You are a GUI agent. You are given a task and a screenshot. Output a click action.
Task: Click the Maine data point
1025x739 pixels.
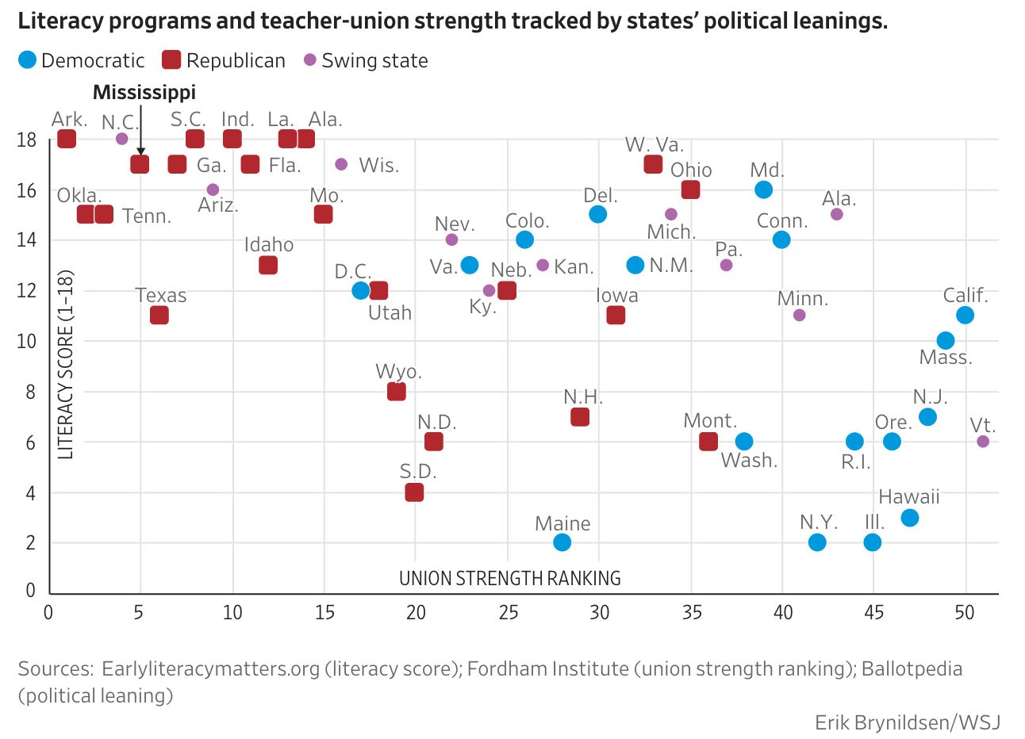pos(562,542)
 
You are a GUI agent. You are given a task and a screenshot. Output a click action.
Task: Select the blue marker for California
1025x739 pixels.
pos(965,315)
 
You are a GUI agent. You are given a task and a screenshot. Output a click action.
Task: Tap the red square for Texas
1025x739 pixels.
pos(159,315)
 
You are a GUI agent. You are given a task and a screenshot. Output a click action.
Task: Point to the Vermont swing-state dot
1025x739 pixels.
pos(983,442)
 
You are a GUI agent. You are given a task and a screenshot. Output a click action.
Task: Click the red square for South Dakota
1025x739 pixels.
pos(414,492)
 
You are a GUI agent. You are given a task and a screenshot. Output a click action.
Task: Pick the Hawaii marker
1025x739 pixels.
pos(910,518)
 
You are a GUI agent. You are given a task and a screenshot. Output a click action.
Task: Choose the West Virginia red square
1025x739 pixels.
pos(653,164)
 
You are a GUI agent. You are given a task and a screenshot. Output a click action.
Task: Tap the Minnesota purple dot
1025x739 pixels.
pos(800,315)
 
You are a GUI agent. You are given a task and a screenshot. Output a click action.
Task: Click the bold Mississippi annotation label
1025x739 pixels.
pos(144,92)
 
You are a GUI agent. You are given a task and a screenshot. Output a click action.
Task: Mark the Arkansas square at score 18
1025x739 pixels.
pos(67,139)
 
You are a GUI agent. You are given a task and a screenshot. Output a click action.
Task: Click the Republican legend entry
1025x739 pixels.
pos(225,60)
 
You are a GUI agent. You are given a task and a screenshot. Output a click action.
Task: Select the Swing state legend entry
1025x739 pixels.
pos(366,60)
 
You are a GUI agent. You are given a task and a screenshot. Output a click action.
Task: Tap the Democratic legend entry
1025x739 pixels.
pos(82,60)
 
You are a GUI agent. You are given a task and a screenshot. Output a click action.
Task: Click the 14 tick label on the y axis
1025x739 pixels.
pos(26,239)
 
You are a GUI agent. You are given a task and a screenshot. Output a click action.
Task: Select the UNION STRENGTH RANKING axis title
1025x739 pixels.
pos(510,579)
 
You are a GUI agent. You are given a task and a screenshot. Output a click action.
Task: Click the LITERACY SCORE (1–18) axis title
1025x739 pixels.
pos(65,365)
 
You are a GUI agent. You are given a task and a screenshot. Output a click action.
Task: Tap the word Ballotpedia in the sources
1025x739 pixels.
pos(912,668)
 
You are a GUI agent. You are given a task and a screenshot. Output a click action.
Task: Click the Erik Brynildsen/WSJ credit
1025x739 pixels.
pos(908,723)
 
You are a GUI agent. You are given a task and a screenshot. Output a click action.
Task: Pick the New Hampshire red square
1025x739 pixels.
pos(580,417)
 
